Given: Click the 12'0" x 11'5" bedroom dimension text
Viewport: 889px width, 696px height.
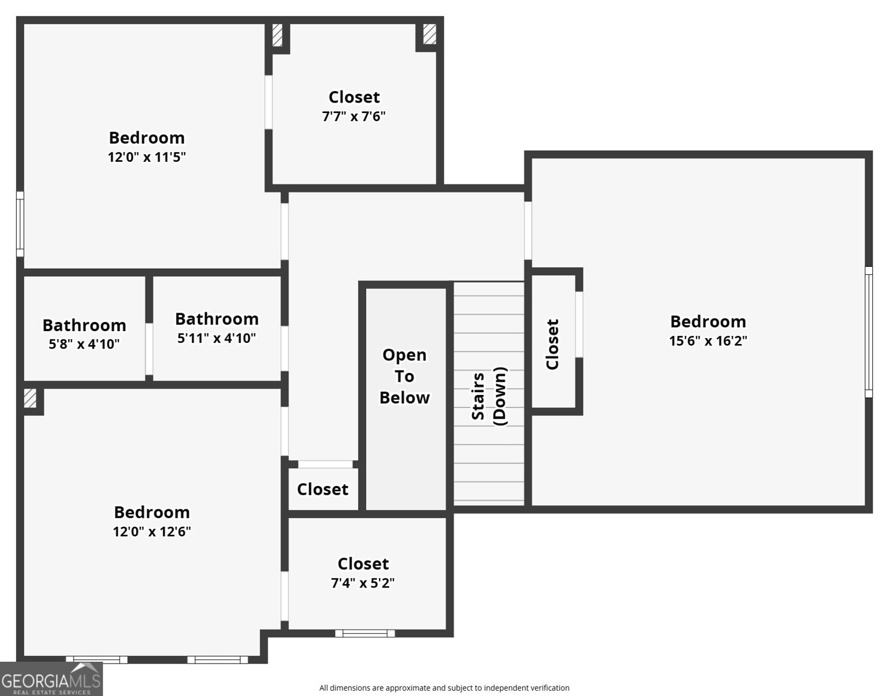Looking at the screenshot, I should (146, 157).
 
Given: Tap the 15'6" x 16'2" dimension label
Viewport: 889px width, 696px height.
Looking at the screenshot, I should (708, 341).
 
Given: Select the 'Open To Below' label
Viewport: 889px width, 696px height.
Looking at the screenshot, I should (404, 376).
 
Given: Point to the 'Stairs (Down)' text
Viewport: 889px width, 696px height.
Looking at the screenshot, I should (489, 397).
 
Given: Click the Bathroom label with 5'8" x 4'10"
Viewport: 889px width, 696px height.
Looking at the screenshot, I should (84, 325).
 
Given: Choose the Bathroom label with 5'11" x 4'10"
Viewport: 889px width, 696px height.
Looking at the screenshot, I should (216, 319).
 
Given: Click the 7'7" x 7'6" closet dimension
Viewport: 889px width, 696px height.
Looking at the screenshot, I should (353, 117).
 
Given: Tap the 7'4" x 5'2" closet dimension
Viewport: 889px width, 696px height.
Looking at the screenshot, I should (363, 583).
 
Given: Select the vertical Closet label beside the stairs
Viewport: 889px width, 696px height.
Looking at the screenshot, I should (552, 344).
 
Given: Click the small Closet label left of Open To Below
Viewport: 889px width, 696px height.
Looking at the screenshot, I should (323, 490).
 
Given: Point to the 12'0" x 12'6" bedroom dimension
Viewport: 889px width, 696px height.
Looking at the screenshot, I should (151, 532).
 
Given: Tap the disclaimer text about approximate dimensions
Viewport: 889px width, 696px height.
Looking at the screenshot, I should (444, 688).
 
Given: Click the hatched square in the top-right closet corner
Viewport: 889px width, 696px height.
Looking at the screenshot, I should (429, 34).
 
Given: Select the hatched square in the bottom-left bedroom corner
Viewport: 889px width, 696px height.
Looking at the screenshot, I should (30, 398).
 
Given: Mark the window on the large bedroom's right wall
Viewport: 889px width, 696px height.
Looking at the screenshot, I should (868, 332).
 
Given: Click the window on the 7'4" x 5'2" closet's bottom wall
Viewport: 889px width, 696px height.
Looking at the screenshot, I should (365, 633).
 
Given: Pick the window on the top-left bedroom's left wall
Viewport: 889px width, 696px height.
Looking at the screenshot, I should (20, 224).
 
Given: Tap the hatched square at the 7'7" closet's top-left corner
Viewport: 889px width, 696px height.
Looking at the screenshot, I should (277, 35).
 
